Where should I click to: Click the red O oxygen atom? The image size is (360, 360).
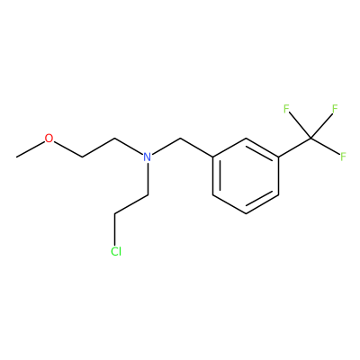click(49, 139)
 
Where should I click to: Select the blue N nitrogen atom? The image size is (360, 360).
click(148, 157)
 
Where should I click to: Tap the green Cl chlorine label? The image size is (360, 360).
click(116, 251)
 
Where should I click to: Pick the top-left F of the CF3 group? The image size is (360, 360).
click(286, 109)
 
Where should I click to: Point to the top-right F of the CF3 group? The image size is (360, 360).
click(335, 109)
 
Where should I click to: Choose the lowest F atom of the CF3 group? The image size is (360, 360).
click(343, 157)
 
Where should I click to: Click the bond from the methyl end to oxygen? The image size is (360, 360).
click(31, 149)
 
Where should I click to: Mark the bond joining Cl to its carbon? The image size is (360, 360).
click(115, 229)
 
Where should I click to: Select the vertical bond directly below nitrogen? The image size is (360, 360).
click(148, 179)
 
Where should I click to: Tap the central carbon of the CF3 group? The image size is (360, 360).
click(311, 139)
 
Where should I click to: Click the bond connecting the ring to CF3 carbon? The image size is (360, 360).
click(295, 148)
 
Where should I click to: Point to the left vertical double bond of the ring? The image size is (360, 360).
click(215, 175)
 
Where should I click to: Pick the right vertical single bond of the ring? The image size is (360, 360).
click(279, 175)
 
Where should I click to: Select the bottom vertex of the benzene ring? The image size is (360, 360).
click(246, 213)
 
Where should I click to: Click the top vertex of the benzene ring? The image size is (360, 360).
click(246, 139)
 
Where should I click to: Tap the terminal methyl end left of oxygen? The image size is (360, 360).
click(17, 157)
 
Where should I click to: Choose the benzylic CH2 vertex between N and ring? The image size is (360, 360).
click(180, 139)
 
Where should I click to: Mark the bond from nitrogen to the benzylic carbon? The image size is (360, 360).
click(166, 146)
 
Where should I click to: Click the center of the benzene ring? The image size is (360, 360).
click(246, 175)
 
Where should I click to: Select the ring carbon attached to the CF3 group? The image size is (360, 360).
click(279, 157)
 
